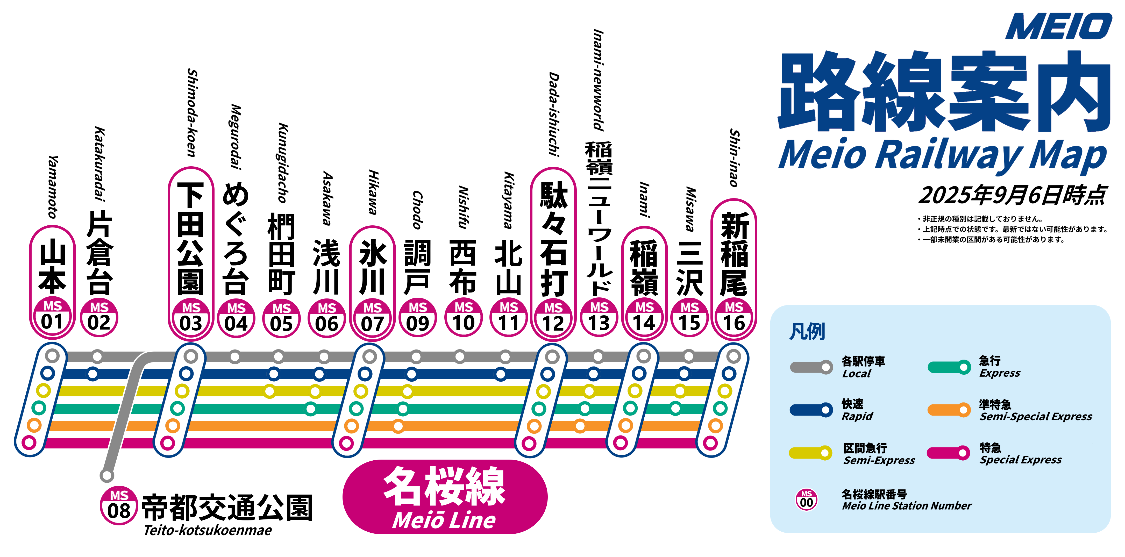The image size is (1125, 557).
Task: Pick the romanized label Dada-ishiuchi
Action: (554, 114)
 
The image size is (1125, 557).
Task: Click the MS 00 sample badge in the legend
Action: (806, 500)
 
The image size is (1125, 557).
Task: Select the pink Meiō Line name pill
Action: (445, 497)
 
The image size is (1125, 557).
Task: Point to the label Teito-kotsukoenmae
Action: (208, 530)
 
